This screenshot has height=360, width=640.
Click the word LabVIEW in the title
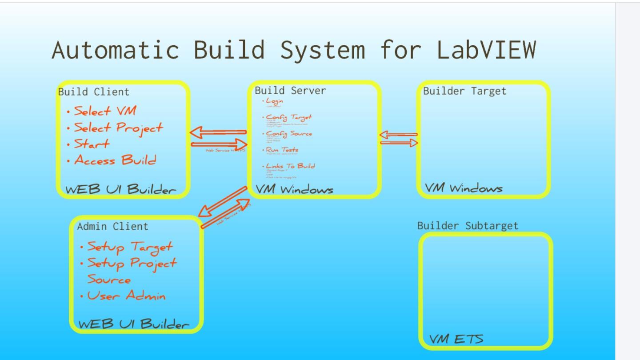click(x=486, y=49)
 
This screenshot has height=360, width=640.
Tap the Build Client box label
click(x=94, y=92)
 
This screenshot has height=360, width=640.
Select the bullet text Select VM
click(x=105, y=111)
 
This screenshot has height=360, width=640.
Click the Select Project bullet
click(x=118, y=128)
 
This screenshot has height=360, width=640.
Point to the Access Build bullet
click(x=115, y=160)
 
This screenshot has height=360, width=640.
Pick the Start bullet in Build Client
click(x=92, y=144)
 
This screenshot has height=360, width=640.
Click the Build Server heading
click(x=290, y=91)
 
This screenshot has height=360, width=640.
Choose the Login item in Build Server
click(x=275, y=101)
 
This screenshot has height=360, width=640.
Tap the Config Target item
click(x=289, y=117)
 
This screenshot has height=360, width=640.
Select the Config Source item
click(x=289, y=133)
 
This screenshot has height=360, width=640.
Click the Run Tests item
click(x=282, y=150)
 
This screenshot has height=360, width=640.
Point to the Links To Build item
click(x=290, y=166)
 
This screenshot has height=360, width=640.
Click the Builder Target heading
click(x=464, y=91)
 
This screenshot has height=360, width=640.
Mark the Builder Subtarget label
click(x=468, y=226)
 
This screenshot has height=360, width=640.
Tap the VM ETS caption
click(x=456, y=339)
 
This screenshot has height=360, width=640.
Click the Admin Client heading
click(x=112, y=227)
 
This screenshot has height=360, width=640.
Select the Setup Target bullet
click(x=130, y=247)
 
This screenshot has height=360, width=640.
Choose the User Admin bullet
click(x=126, y=296)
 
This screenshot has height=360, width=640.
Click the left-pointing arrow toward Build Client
click(x=218, y=132)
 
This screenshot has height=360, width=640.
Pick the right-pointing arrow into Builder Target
click(x=400, y=143)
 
